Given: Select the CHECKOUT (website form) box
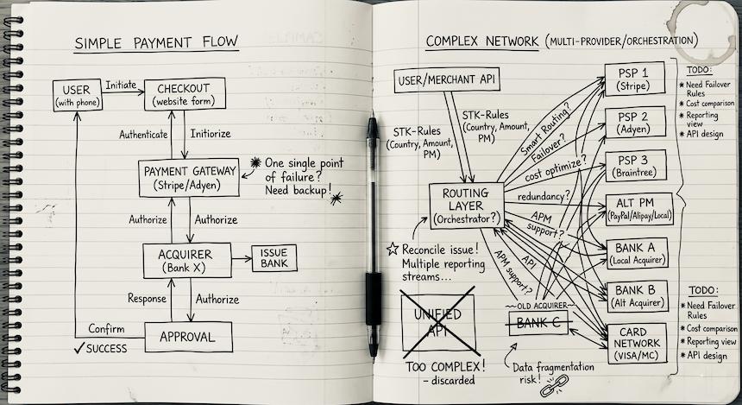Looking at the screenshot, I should (185, 94).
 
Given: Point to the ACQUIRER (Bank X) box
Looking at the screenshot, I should (187, 258).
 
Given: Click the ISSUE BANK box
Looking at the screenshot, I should (274, 257).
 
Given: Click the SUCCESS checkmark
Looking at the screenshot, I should (79, 349).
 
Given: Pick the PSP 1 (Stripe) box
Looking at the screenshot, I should (634, 79).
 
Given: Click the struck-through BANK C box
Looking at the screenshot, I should (536, 324).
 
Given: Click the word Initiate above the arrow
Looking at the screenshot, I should (122, 85).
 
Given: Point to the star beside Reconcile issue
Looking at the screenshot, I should (393, 250).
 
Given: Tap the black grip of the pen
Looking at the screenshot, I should (373, 298).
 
